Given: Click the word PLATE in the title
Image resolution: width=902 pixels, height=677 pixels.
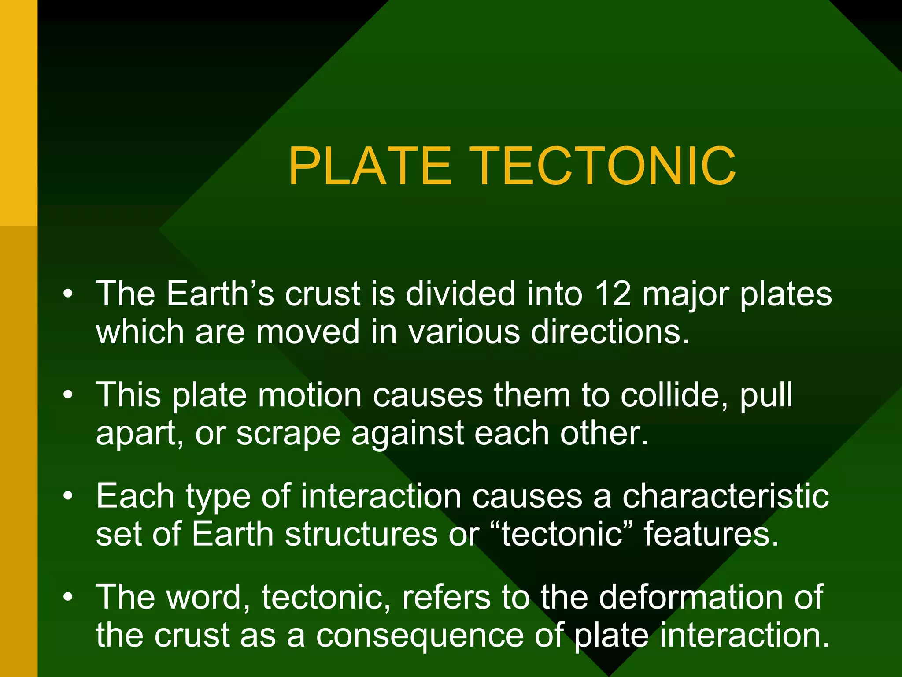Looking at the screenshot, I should [370, 167].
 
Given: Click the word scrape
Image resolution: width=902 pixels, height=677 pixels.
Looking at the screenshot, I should [288, 434].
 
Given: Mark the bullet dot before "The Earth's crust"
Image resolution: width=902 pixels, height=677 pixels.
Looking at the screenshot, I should [67, 294].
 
